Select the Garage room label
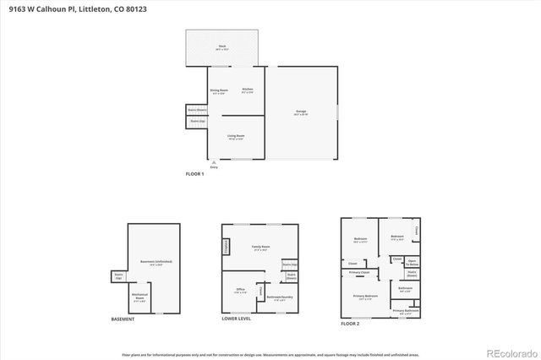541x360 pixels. pyautogui.click(x=300, y=112)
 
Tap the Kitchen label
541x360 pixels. pyautogui.click(x=248, y=90)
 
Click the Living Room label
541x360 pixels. pyautogui.click(x=236, y=136)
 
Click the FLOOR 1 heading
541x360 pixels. pyautogui.click(x=195, y=173)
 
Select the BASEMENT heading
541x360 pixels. pyautogui.click(x=123, y=319)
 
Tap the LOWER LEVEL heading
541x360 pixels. pyautogui.click(x=236, y=319)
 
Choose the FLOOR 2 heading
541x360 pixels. pyautogui.click(x=350, y=324)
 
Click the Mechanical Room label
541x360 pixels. pyautogui.click(x=139, y=296)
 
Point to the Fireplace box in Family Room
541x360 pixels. pyautogui.click(x=227, y=246)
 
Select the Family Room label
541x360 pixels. pyautogui.click(x=260, y=247)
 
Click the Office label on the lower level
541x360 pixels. pyautogui.click(x=240, y=290)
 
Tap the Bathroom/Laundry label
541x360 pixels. pyautogui.click(x=280, y=297)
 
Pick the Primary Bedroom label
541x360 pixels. pyautogui.click(x=365, y=297)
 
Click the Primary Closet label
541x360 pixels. pyautogui.click(x=359, y=272)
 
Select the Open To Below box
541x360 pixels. pyautogui.click(x=413, y=262)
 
